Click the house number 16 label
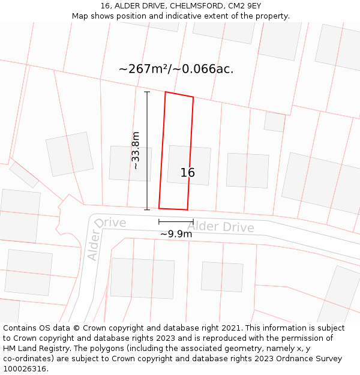click(188, 173)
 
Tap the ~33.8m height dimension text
click(136, 151)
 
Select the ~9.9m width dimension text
click(176, 234)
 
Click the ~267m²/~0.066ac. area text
click(176, 69)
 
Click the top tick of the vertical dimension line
click(147, 92)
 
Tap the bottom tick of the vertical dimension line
click(147, 209)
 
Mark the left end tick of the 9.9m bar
click(159, 222)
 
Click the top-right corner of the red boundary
click(193, 97)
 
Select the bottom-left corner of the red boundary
click(159, 208)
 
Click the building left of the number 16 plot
click(130, 163)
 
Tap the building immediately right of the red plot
click(247, 170)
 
